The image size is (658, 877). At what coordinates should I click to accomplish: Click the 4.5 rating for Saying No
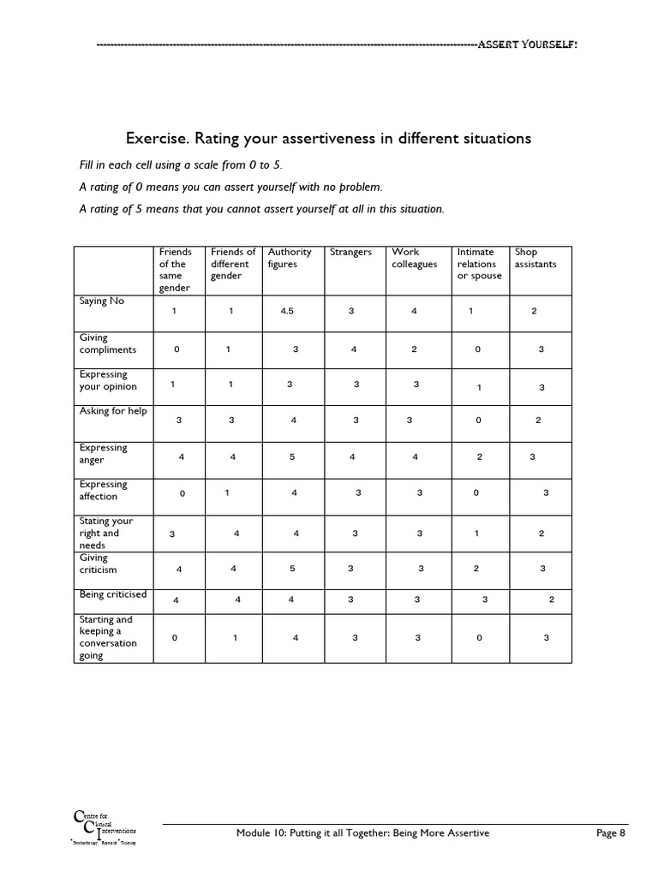[x=287, y=311]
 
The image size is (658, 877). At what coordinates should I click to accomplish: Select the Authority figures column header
[x=290, y=258]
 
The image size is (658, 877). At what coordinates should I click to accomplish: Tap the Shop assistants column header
[x=535, y=258]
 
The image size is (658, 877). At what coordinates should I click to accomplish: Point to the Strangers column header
[x=350, y=252]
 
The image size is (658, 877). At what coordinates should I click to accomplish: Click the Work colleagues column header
[x=415, y=258]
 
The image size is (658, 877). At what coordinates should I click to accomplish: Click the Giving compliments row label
[x=108, y=344]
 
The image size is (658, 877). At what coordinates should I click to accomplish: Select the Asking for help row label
[x=113, y=411]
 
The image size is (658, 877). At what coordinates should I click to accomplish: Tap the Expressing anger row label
[x=103, y=454]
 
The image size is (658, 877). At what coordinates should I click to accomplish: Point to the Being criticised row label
[x=113, y=594]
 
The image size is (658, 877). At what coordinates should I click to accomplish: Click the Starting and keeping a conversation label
[x=108, y=637]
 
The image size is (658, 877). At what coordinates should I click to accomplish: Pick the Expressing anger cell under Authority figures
[x=292, y=456]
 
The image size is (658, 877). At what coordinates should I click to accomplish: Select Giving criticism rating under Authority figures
[x=292, y=568]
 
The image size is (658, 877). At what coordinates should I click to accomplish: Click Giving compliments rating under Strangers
[x=353, y=349]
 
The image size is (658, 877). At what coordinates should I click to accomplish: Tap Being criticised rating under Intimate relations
[x=484, y=600]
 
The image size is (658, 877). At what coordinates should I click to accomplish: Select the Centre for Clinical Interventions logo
[x=102, y=829]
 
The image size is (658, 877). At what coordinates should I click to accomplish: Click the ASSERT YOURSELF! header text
[x=528, y=45]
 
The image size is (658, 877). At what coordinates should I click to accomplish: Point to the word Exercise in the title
[x=155, y=138]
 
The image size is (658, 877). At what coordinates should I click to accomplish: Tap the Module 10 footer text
[x=362, y=833]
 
